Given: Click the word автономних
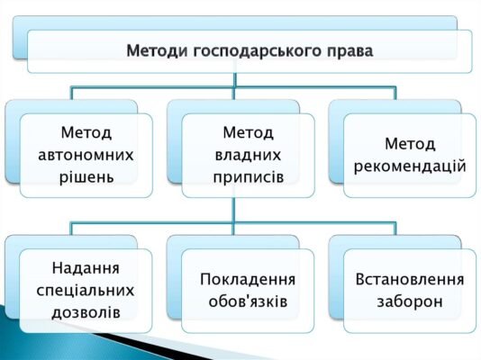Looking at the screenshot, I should tap(87, 154).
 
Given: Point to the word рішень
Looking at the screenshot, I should tap(87, 175).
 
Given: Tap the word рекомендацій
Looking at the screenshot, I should tap(410, 166).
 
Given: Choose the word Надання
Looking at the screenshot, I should tap(86, 268).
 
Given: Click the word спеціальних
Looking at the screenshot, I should tap(86, 290).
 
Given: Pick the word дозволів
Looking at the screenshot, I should tap(86, 311).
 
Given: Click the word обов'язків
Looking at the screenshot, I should tap(249, 301).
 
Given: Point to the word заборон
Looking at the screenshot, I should tap(410, 301).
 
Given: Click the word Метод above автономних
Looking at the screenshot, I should tap(87, 132).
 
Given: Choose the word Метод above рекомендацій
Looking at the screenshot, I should tap(410, 143).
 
